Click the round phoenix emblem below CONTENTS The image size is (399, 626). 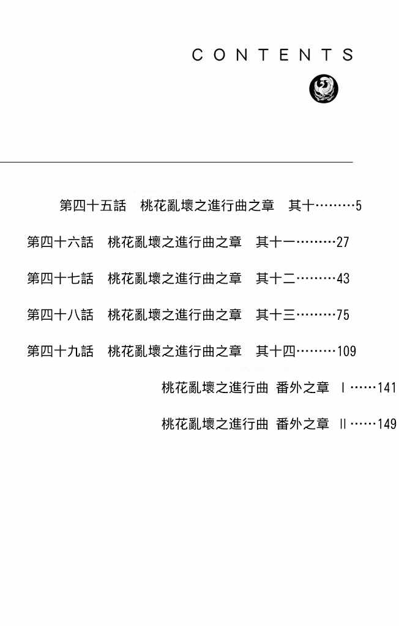pos(324,88)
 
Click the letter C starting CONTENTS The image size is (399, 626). pos(197,55)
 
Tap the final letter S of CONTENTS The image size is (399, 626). pos(348,55)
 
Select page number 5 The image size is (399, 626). pos(359,205)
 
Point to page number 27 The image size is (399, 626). pos(343,242)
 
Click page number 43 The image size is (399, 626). pos(343,278)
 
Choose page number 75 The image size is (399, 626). pos(343,315)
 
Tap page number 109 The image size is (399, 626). pos(346,351)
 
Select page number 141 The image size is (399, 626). pos(387,387)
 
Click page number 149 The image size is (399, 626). pos(387,424)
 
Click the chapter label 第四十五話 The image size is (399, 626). pos(93,205)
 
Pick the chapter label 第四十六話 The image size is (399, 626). pos(60,242)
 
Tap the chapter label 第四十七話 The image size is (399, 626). pos(60,278)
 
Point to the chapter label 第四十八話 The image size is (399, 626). pos(60,315)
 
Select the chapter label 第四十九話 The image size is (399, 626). pos(60,351)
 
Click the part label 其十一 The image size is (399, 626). pos(275,242)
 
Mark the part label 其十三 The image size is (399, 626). pos(275,315)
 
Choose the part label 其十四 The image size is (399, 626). pos(275,351)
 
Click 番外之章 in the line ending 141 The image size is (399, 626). pos(302,387)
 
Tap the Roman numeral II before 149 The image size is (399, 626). pos(343,424)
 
